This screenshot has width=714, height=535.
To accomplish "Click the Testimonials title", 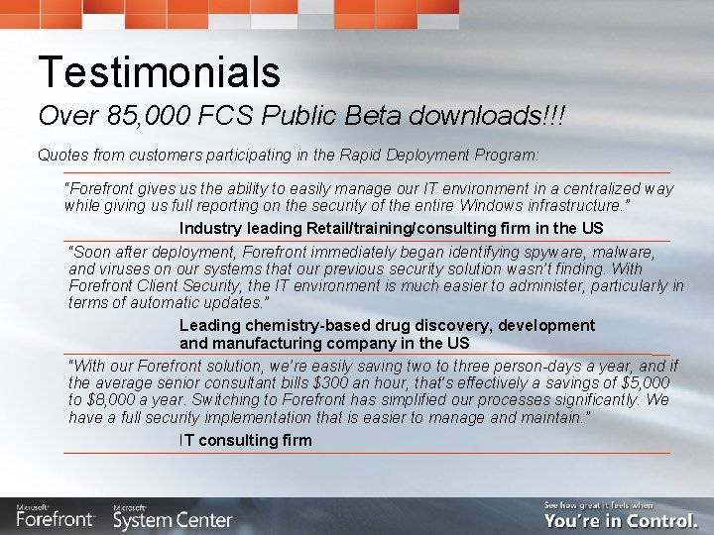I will pyautogui.click(x=159, y=71).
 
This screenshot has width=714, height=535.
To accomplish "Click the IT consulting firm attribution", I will pyautogui.click(x=245, y=440).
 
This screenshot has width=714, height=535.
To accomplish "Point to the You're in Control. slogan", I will pyautogui.click(x=621, y=519).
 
